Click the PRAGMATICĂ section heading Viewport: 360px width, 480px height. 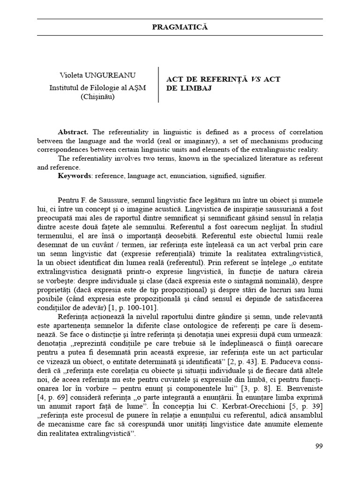coord(180,27)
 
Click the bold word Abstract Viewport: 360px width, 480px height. coord(73,132)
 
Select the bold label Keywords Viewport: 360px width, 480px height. coord(75,176)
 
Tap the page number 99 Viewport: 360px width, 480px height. coord(319,446)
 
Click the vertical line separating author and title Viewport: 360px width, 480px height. coord(158,84)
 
